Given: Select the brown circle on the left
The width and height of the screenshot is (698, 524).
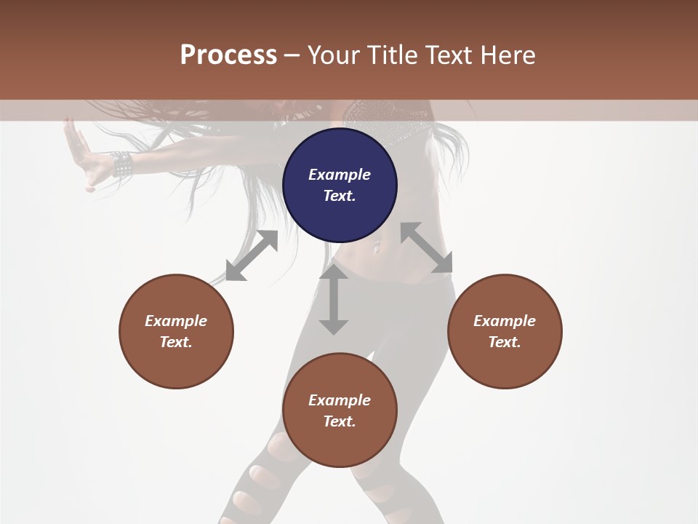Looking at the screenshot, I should [176, 331].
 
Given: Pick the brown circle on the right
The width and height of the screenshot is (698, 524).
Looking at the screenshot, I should [505, 331].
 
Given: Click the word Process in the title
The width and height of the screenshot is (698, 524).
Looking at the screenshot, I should [228, 55].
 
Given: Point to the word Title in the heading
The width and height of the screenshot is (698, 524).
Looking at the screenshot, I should [392, 55].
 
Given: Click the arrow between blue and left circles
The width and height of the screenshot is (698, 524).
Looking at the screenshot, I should [252, 255].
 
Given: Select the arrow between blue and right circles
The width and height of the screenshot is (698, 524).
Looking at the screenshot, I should [426, 247].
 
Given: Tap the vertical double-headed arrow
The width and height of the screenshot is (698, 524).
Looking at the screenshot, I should [334, 298].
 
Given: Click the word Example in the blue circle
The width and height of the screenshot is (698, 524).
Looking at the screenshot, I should [340, 175].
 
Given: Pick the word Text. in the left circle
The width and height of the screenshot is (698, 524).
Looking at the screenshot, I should [176, 342].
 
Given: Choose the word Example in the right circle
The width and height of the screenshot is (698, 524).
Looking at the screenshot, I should [505, 321].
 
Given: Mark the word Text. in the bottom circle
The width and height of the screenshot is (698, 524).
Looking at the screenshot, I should [340, 421].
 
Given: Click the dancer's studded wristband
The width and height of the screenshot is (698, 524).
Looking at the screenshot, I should [121, 164].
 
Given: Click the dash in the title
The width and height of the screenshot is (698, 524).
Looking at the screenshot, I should [292, 55].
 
